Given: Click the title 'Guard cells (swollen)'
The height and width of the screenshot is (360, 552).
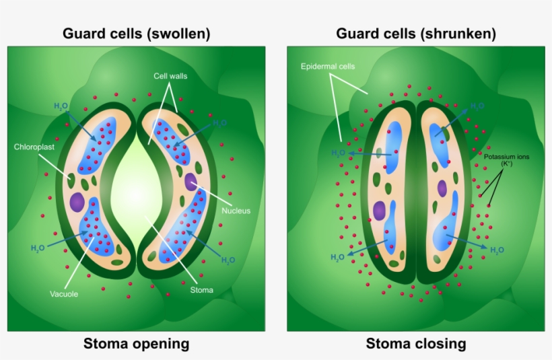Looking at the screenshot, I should coord(137,33).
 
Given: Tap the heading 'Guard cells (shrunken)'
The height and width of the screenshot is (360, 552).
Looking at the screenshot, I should coord(416,33).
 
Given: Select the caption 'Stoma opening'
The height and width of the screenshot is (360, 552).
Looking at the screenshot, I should coord(137,344).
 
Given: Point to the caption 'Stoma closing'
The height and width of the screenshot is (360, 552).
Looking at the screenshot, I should coord(416,344).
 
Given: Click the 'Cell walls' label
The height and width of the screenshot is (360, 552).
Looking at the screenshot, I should coord(170,76).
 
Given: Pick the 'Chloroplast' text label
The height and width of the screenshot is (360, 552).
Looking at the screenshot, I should coord(33,146).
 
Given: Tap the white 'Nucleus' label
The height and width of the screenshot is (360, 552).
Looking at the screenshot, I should coord(236,211).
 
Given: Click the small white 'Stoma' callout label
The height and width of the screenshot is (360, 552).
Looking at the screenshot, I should coord(201,290).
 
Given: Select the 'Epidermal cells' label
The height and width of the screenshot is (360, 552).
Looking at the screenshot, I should coord(328,67).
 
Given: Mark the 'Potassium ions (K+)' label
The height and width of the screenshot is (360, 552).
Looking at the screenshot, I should coord(506,160).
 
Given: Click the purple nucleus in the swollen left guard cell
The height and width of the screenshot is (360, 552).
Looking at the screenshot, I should coord(77,203).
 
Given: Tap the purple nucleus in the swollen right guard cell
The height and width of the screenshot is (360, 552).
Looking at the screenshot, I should coord(191,180).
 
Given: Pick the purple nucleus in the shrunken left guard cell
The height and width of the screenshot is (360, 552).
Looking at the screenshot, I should coord(380,211).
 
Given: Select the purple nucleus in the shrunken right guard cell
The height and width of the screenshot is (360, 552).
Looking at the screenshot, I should coord(442,188).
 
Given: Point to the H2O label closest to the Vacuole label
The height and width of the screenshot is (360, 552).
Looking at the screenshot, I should coord(38,248).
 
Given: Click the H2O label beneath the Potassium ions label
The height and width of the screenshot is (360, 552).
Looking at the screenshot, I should coord(497,250).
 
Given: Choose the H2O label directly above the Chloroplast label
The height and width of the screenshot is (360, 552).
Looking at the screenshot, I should coord(61,106).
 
